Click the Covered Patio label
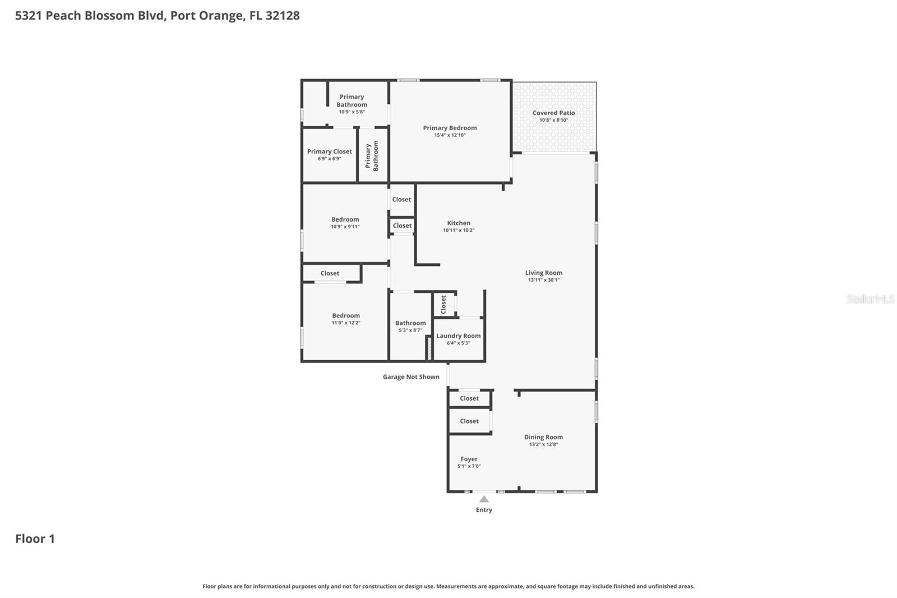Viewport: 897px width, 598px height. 553,113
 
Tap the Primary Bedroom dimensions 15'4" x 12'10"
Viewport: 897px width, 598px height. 450,135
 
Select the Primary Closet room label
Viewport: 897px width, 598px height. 329,151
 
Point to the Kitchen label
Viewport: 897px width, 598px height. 459,223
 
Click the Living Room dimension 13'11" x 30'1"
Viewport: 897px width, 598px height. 543,280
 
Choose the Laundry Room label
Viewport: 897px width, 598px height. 458,336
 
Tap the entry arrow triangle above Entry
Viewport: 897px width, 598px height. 484,499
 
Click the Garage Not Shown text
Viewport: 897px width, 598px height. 411,377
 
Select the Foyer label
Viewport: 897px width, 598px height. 469,459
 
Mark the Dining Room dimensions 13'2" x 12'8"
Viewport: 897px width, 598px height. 543,444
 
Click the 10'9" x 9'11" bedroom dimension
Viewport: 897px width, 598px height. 345,227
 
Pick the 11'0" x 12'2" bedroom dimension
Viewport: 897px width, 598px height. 345,323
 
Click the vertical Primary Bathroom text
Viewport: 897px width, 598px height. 372,155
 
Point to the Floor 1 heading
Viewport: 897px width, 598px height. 35,539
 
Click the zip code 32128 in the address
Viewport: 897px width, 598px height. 282,15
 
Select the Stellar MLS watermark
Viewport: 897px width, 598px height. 870,299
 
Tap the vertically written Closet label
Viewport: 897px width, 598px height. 443,305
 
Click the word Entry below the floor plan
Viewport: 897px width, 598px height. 484,510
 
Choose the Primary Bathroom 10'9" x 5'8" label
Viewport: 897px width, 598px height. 352,104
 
